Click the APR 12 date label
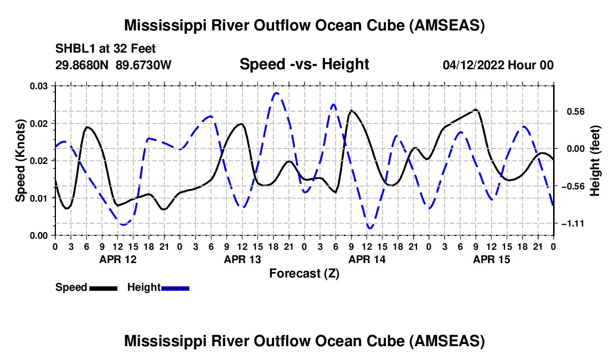pos(118,259)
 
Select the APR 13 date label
pos(242,259)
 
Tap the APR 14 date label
pos(367,259)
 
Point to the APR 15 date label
pos(491,259)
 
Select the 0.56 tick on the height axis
pos(576,112)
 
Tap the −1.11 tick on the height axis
pos(572,224)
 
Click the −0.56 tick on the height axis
pos(572,187)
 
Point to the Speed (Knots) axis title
pos(20,161)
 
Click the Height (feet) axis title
pos(595,161)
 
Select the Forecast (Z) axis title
pos(304,274)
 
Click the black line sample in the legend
pos(104,289)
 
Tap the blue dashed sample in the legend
pos(175,289)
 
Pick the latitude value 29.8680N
pos(82,65)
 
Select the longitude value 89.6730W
pos(143,65)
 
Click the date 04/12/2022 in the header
pos(473,65)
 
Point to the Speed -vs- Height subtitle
pos(304,64)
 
